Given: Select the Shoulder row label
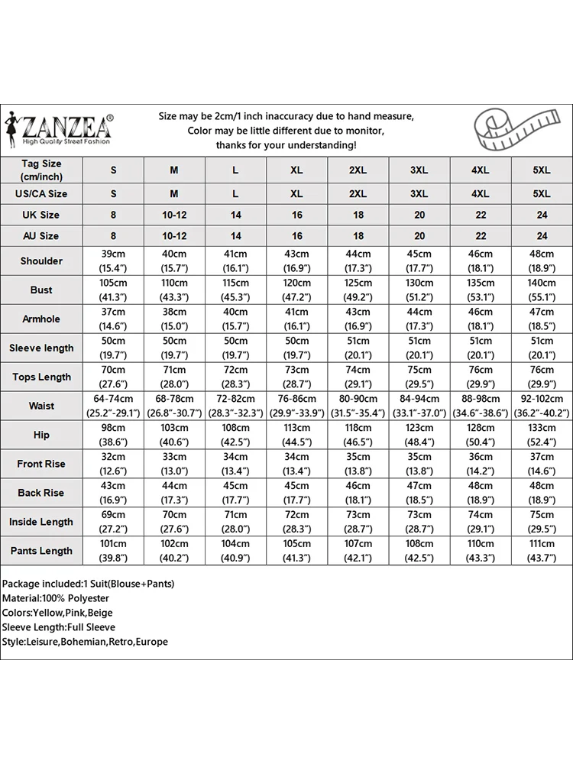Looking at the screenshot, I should click(41, 261).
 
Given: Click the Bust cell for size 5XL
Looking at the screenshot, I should click(542, 290).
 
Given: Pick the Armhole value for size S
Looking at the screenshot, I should click(113, 319).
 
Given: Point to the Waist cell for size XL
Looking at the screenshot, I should click(296, 406).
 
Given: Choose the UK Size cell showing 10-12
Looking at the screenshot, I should click(174, 215).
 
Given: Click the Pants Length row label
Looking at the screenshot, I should click(41, 551).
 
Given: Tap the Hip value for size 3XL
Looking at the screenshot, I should click(419, 435).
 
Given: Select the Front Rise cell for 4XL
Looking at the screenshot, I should click(481, 464).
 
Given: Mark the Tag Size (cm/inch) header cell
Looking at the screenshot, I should click(41, 170).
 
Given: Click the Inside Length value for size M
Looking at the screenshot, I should click(174, 522).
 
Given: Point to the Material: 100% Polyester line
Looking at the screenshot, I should click(56, 598).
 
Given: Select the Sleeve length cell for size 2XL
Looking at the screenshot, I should click(358, 348).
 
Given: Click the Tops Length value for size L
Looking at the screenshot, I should click(235, 377).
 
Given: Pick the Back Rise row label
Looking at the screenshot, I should click(41, 493).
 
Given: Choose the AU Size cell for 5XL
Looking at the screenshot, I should click(542, 236).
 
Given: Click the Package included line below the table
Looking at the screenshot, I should click(88, 584).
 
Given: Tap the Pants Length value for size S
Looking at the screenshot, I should click(113, 551).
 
